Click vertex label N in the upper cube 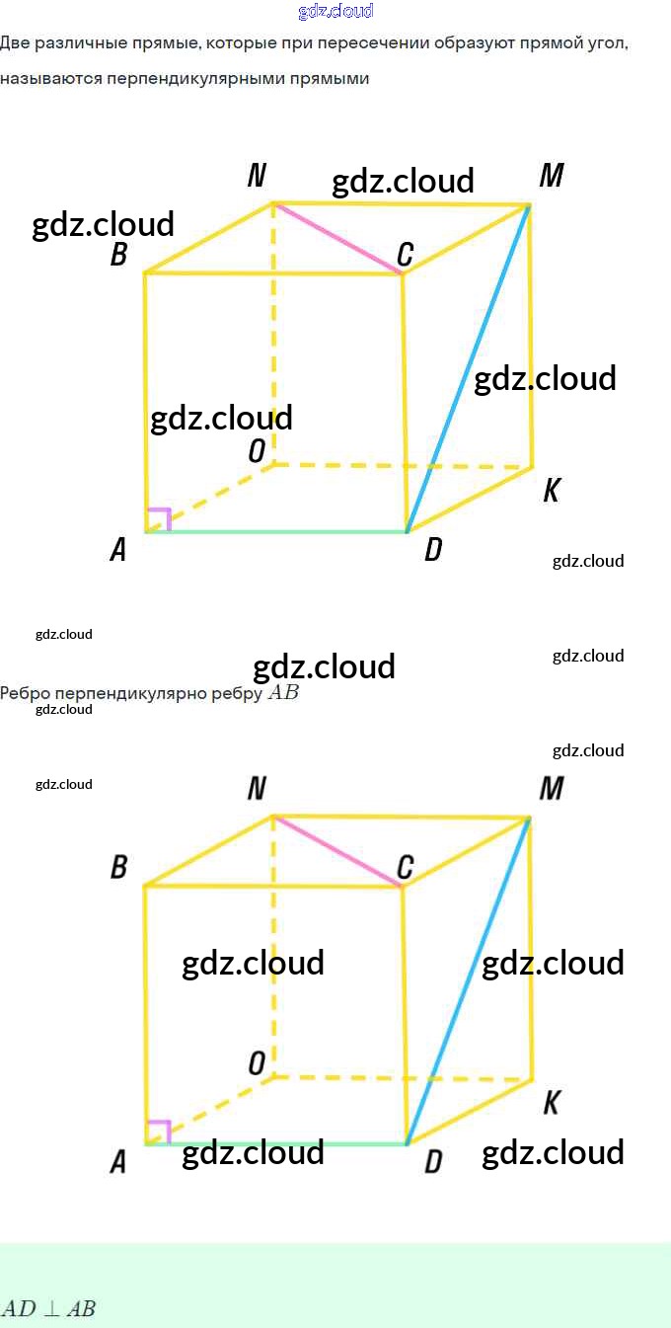[x=257, y=176]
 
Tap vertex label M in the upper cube [x=552, y=176]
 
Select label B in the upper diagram [x=118, y=256]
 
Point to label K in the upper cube [x=552, y=491]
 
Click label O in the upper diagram [x=257, y=451]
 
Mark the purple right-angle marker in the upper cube [x=159, y=519]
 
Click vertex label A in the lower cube [x=117, y=1163]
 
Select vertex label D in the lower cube [x=432, y=1163]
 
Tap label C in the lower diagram [x=405, y=868]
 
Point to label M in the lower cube [x=552, y=788]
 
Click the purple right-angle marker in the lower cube [x=159, y=1132]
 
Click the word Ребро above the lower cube [x=25, y=693]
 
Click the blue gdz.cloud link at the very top [x=335, y=11]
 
